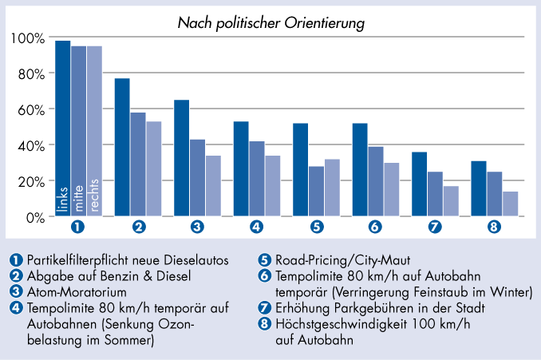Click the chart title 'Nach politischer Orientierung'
click(271, 23)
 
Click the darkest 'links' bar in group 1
click(63, 128)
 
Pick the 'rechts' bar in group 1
click(95, 131)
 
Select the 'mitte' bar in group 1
click(79, 131)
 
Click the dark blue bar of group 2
click(122, 147)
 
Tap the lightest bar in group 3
click(213, 186)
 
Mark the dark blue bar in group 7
click(419, 184)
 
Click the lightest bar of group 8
click(510, 204)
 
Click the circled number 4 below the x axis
click(257, 227)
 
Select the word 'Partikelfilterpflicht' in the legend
click(73, 259)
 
